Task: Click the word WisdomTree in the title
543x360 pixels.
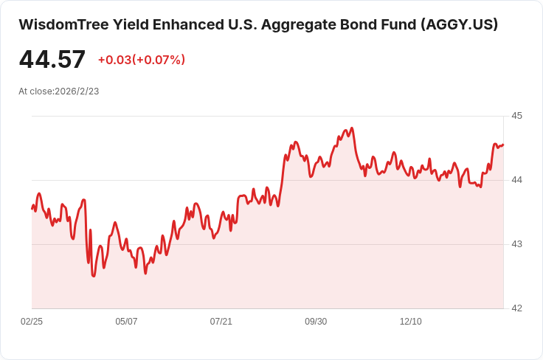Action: coord(63,24)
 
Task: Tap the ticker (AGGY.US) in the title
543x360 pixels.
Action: coord(459,25)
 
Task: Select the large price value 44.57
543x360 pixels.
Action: coord(52,59)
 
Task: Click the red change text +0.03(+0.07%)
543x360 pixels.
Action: coord(142,60)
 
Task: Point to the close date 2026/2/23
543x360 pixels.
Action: coord(77,91)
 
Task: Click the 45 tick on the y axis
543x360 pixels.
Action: coord(516,116)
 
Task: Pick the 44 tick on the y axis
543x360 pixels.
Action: coord(516,180)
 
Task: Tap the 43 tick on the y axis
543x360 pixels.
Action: coord(516,244)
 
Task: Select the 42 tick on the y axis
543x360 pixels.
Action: coord(516,308)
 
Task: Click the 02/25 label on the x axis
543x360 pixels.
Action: coord(32,322)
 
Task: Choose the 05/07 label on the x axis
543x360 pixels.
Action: coord(126,322)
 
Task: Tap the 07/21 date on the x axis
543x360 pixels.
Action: coord(221,322)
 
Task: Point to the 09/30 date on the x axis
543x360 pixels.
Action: coord(316,322)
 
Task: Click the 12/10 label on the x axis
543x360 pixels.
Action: coord(411,322)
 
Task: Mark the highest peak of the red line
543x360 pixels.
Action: coord(352,128)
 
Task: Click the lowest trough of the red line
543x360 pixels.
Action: coord(94,276)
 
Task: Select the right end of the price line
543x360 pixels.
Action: coord(503,145)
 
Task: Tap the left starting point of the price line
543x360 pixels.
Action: coord(32,209)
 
